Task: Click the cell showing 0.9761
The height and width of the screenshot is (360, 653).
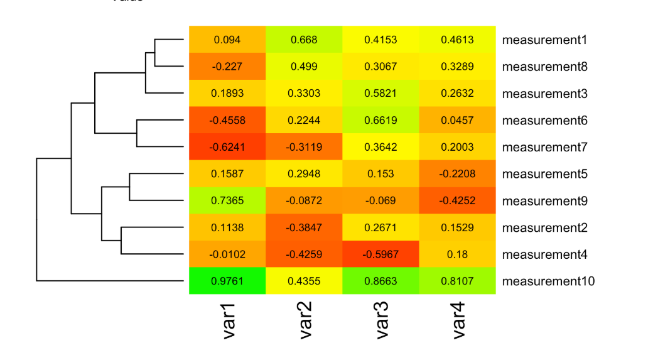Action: point(227,281)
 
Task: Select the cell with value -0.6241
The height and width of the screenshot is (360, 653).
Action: point(227,147)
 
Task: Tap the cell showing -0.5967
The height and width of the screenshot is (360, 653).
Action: point(380,254)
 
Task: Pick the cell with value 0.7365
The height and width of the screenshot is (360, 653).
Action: point(227,201)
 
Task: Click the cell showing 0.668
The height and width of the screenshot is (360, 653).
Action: point(304,40)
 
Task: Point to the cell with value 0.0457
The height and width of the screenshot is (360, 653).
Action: point(457,120)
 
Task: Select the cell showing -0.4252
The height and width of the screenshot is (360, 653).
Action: point(457,201)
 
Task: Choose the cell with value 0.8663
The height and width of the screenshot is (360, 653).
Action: point(380,281)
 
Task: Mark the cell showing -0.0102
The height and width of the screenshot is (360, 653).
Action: point(227,254)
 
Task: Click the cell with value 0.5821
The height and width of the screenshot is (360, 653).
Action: point(380,94)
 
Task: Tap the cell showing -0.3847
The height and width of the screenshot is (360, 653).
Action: point(304,227)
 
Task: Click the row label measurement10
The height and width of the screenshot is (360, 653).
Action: point(548,281)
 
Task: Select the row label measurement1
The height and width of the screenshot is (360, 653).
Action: point(545,40)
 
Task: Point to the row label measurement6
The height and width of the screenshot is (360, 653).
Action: point(545,120)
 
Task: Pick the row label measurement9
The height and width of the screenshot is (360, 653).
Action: point(545,201)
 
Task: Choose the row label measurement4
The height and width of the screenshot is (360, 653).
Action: point(545,254)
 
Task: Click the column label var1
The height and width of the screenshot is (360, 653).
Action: point(229,321)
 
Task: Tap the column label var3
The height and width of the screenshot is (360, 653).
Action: point(382,321)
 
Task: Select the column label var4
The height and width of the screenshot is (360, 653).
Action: point(459,321)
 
